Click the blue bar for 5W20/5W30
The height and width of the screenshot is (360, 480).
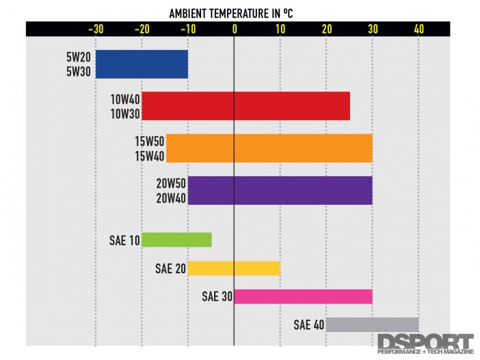pyautogui.click(x=142, y=64)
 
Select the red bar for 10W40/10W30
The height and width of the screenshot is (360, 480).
pyautogui.click(x=245, y=106)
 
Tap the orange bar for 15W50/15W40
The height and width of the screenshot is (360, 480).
pyautogui.click(x=269, y=148)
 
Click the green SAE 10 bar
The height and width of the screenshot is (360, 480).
pyautogui.click(x=176, y=240)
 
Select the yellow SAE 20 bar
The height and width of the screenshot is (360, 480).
pyautogui.click(x=234, y=268)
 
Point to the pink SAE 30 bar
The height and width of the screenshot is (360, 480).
pyautogui.click(x=303, y=296)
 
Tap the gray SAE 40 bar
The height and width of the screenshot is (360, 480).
pyautogui.click(x=372, y=324)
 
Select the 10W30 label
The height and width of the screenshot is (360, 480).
pyautogui.click(x=124, y=112)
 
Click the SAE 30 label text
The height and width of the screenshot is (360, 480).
pyautogui.click(x=217, y=296)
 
